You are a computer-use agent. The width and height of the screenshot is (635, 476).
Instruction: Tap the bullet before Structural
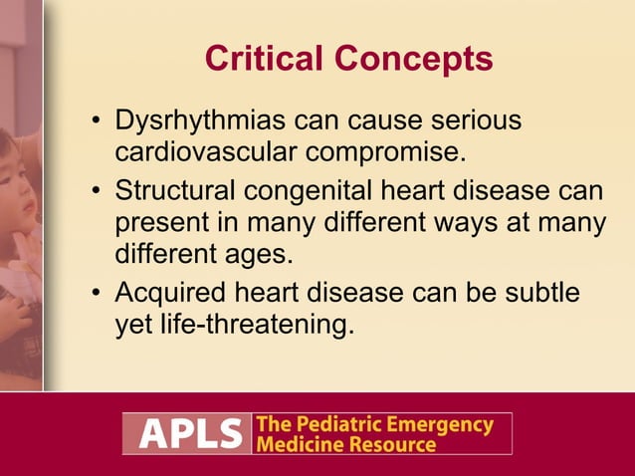pyautogui.click(x=96, y=190)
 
